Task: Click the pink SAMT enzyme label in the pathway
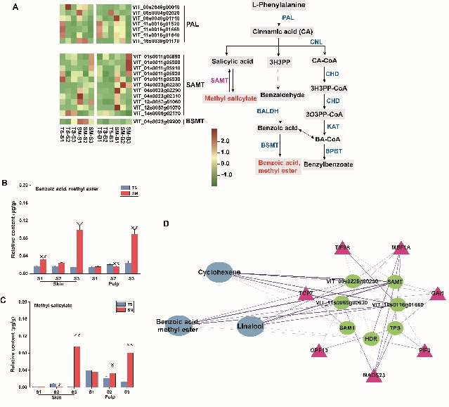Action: click(x=219, y=82)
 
